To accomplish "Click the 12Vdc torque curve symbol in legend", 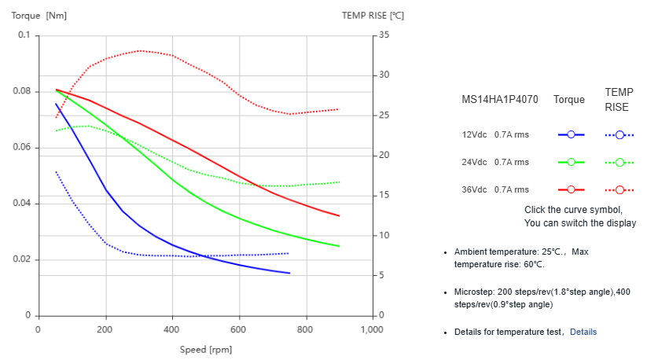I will coord(572,134).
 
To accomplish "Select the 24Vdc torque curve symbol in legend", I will coord(572,162).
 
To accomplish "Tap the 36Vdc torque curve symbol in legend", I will coord(572,189).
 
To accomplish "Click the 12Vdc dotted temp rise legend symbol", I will coord(619,134).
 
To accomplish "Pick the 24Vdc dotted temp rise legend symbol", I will coord(619,162).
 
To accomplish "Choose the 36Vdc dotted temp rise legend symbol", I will coord(619,189).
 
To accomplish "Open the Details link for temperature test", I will coord(583,332).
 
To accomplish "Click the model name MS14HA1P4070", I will coord(499,100).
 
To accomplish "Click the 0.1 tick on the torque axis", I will coord(24,35).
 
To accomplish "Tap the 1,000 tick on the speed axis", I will coord(371,329).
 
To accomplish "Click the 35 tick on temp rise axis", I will coord(384,35).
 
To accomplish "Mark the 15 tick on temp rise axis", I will coord(384,195).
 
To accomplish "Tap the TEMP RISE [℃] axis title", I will coord(373,15).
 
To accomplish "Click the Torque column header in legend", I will coord(569,100).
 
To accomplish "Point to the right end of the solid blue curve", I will coord(289,274).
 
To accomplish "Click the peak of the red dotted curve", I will coord(139,50).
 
